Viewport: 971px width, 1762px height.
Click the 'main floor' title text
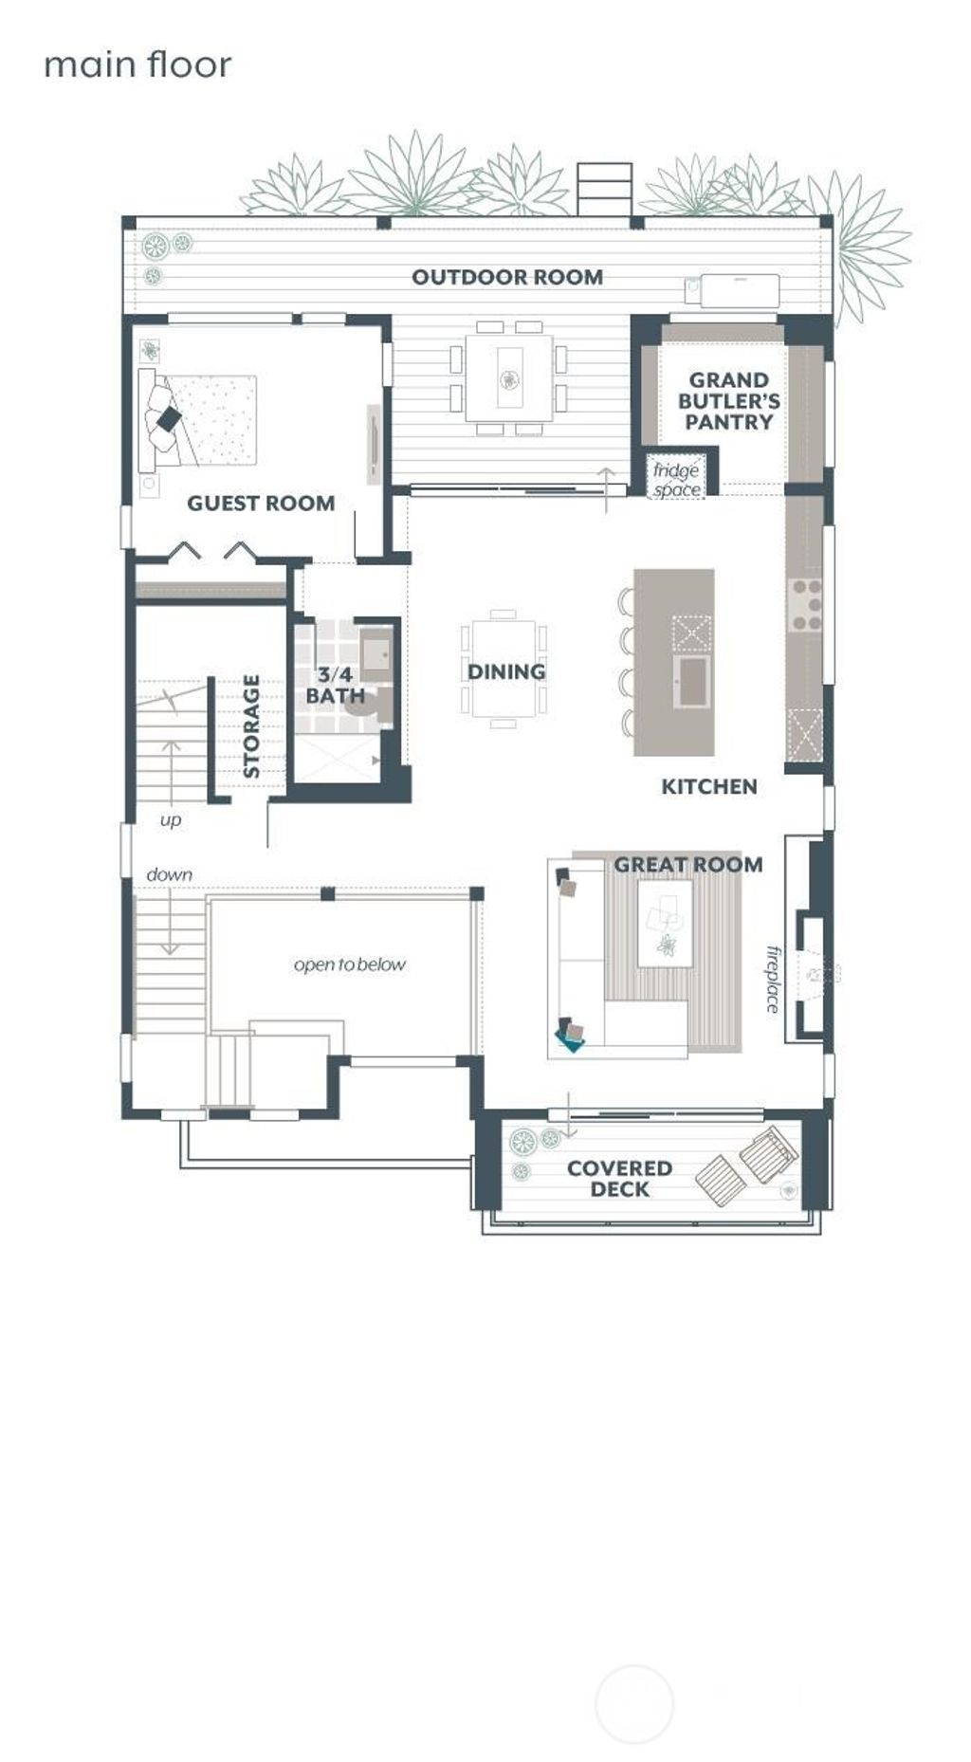pyautogui.click(x=137, y=65)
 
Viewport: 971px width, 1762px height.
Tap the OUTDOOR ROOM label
pyautogui.click(x=506, y=277)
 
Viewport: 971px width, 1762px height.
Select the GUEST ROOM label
pyautogui.click(x=261, y=503)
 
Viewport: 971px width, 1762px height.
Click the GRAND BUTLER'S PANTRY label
pyautogui.click(x=728, y=401)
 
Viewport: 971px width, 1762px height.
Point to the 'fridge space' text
pyautogui.click(x=676, y=480)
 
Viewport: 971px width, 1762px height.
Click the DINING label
pyautogui.click(x=505, y=671)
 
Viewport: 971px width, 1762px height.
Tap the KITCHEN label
pyautogui.click(x=708, y=786)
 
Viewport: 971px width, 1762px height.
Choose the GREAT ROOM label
pyautogui.click(x=687, y=864)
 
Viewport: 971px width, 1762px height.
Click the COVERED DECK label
pyautogui.click(x=619, y=1179)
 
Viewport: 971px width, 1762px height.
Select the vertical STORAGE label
pyautogui.click(x=251, y=726)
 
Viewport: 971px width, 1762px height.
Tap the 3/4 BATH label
pyautogui.click(x=335, y=685)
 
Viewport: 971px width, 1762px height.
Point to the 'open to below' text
pyautogui.click(x=349, y=964)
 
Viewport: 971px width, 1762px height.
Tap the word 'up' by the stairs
pyautogui.click(x=170, y=819)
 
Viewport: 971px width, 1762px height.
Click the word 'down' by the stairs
pyautogui.click(x=169, y=874)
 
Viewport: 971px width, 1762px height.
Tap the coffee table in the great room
pyautogui.click(x=664, y=923)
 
